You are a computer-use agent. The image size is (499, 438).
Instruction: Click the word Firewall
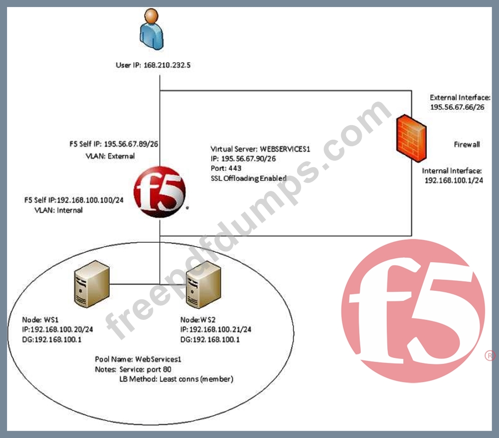pyautogui.click(x=466, y=145)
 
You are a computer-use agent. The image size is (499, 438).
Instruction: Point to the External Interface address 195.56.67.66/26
pyautogui.click(x=457, y=107)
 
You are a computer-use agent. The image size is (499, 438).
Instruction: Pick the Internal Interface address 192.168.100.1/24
pyautogui.click(x=453, y=180)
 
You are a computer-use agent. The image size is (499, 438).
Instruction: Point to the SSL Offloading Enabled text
pyautogui.click(x=248, y=178)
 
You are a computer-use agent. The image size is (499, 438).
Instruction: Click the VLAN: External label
pyautogui.click(x=110, y=156)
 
